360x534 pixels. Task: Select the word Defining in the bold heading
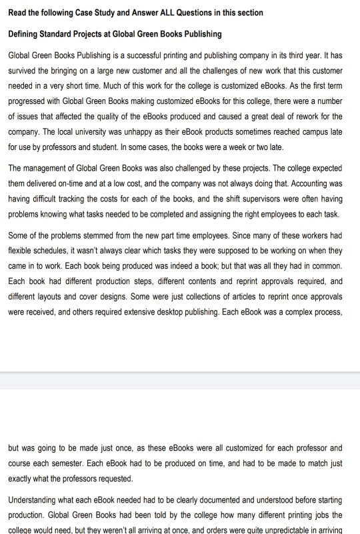tap(25, 33)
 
